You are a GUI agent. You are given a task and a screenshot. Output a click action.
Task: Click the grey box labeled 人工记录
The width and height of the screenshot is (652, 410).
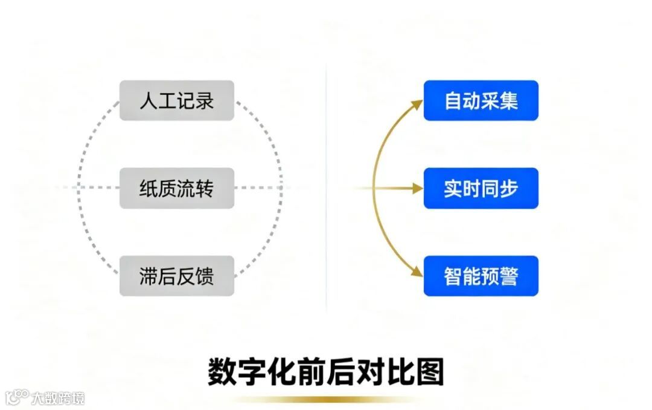tap(176, 100)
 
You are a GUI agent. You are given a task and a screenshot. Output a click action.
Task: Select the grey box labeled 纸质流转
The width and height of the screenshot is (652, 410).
tap(176, 188)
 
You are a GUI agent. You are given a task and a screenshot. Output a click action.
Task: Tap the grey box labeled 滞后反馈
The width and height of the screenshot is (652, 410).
tap(176, 276)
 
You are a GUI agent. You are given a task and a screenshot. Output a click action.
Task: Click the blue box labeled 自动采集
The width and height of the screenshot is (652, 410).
tap(481, 100)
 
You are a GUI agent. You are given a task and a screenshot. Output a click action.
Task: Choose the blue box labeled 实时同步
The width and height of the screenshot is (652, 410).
tap(481, 188)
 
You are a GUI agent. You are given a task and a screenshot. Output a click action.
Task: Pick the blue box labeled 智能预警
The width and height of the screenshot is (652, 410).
tap(481, 276)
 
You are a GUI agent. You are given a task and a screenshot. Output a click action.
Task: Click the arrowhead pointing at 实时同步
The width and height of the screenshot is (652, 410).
tap(417, 189)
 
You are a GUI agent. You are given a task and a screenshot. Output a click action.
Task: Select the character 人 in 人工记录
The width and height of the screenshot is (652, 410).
tap(149, 100)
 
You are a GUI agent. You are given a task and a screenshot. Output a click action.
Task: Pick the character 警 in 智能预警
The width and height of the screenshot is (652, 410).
tap(508, 276)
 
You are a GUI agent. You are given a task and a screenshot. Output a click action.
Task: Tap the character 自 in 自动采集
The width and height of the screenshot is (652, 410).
tap(453, 100)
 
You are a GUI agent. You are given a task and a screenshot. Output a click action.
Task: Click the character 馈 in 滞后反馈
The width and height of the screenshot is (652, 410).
tap(205, 276)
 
